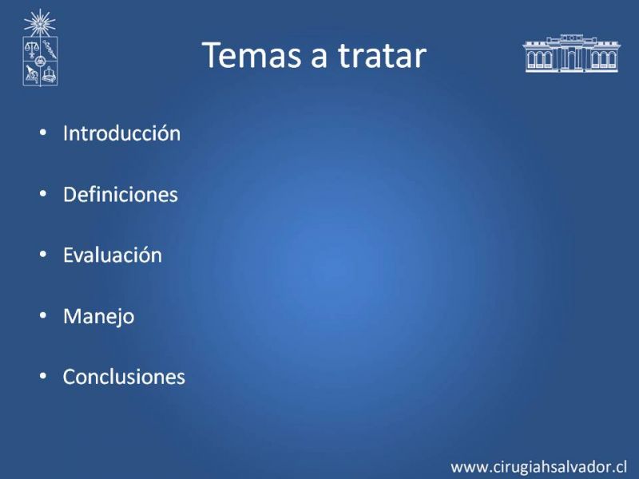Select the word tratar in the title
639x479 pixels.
point(383,55)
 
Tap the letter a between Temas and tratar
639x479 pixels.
point(319,58)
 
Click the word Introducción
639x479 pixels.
point(122,133)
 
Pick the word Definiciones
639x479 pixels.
point(121,194)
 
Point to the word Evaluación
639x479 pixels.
point(113,255)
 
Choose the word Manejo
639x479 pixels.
point(98,316)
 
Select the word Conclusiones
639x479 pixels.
point(124,377)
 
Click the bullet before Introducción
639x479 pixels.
point(43,133)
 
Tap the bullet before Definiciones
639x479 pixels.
point(43,194)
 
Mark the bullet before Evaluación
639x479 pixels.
point(43,255)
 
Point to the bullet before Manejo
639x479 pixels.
point(43,315)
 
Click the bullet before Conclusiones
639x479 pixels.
point(43,376)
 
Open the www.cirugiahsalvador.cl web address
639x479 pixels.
point(538,467)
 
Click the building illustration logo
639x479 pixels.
point(571,53)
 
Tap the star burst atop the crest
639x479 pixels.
point(39,23)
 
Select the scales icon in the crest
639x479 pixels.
point(31,49)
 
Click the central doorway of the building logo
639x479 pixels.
point(572,60)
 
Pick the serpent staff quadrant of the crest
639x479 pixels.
point(50,49)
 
